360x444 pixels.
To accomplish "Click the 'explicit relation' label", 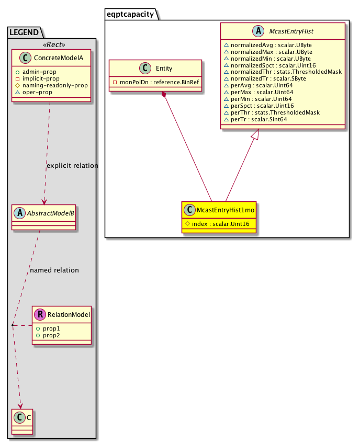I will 72,166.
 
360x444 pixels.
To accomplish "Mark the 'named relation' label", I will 54,270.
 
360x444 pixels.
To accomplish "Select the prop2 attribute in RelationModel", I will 51,335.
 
